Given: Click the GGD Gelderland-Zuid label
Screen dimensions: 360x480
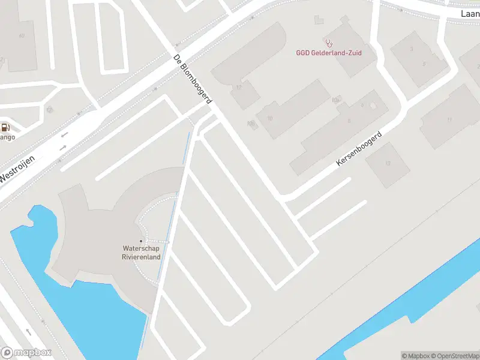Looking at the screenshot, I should pos(328,53).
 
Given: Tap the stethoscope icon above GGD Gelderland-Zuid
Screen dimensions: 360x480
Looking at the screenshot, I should pos(328,43).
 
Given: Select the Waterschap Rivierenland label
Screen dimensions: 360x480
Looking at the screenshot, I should pos(141,253).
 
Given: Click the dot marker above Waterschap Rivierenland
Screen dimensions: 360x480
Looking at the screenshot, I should pos(141,241).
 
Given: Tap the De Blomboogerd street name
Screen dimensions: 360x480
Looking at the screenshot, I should pos(192,80).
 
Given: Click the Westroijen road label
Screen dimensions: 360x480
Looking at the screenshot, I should pos(18,169).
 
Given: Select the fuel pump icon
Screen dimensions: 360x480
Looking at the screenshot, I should pos(5,127).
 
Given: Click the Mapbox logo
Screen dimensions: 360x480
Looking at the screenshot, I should pos(26,353).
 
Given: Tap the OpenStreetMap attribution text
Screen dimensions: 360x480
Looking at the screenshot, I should pos(454,356).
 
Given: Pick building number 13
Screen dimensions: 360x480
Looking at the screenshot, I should pos(388,163).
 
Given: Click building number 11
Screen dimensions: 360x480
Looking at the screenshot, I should pos(449,119).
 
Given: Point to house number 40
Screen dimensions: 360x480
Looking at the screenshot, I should pos(22,36).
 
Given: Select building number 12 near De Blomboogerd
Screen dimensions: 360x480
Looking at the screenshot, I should pos(239,88).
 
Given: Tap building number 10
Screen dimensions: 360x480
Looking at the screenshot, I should pos(270,118).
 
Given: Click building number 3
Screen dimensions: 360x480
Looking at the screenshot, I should pos(412,49).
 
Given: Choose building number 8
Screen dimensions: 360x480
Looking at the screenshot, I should pos(349,120).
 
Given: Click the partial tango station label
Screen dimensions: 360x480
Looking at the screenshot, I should pos(7,137).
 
